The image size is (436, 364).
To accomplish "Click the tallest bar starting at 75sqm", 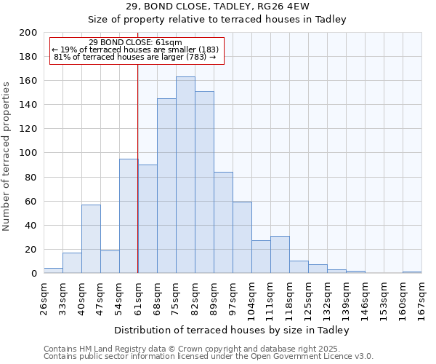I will tap(185, 175).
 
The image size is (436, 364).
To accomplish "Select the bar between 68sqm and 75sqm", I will tap(166, 186).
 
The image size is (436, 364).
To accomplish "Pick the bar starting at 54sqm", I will tap(129, 215).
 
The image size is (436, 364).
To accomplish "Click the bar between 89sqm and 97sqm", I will tap(223, 222).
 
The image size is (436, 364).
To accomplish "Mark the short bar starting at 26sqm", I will tap(53, 270).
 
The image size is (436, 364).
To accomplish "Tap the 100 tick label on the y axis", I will tap(28, 153).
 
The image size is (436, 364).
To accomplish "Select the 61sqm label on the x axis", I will tap(138, 298).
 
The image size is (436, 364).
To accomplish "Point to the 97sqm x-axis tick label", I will tap(233, 298).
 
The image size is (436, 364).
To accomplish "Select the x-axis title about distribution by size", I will tap(232, 330).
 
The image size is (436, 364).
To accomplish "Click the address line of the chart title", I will tap(218, 7).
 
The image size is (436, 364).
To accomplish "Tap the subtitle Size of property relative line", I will tap(218, 20).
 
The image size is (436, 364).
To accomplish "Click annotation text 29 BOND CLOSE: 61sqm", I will tap(136, 43).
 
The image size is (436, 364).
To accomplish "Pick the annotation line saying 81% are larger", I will tap(136, 57).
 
